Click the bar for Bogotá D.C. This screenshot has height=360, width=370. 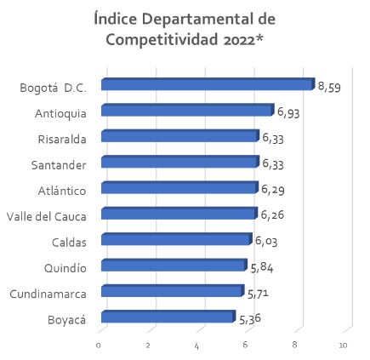point(208,84)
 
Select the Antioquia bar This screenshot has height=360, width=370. point(187,110)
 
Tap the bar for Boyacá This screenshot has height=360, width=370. point(168,317)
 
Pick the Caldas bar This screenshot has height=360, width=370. point(176,239)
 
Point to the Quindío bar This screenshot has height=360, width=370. point(174,266)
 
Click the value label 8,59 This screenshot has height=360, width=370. point(329,86)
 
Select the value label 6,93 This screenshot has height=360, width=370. point(288,111)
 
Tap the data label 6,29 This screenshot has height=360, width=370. point(273,189)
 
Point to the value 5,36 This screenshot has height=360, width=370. point(250,319)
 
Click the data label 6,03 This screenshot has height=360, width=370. point(266,241)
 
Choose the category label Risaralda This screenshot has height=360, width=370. point(62,139)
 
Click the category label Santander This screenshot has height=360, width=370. point(59,164)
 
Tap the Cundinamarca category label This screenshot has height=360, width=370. point(48,294)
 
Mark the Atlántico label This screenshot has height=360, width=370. point(62,191)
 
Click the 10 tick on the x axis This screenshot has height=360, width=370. point(344,345)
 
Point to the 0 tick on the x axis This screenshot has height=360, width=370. point(99,345)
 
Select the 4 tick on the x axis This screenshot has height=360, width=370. point(196,345)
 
